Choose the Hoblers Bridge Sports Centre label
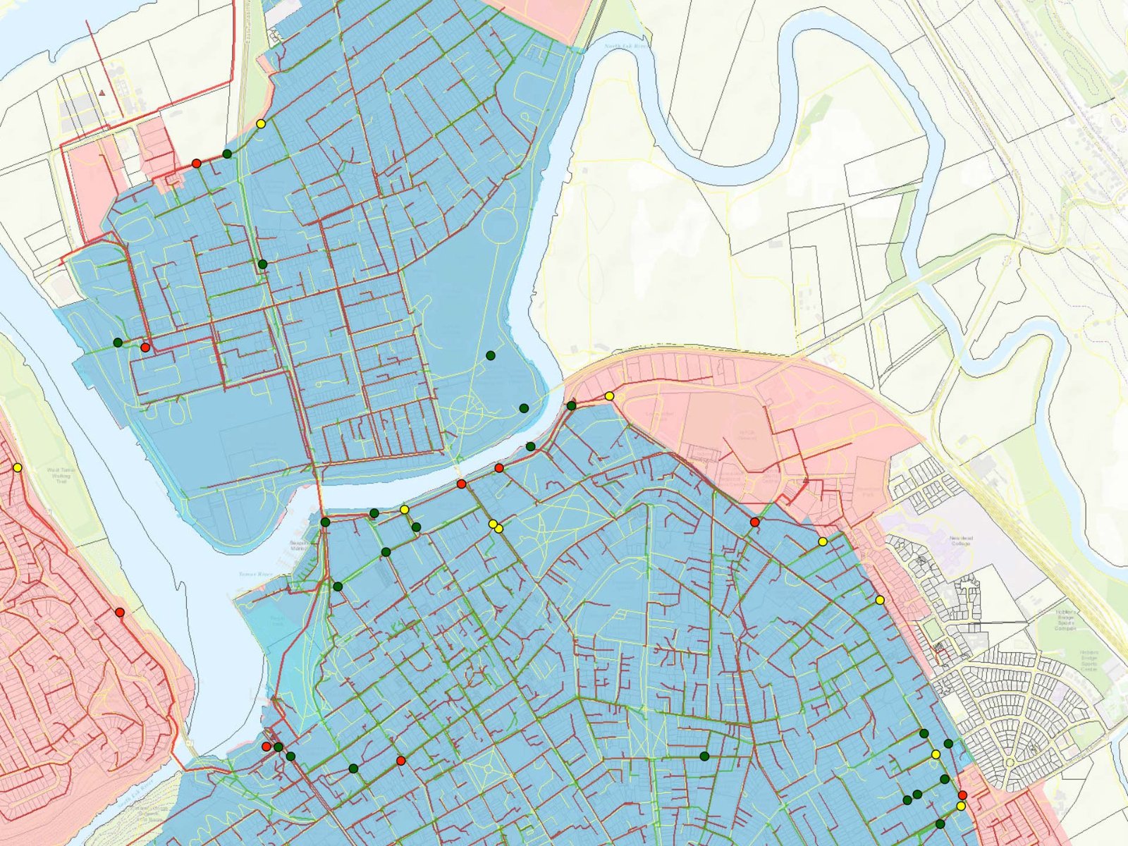[x=1089, y=660]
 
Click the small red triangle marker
[x=103, y=92]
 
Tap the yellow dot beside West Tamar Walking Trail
[x=17, y=467]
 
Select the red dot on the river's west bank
[x=120, y=612]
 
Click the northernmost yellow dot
[x=261, y=124]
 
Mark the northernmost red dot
[x=197, y=164]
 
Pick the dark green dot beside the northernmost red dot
[x=227, y=154]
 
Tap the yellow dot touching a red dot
[x=960, y=806]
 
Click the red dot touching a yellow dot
[x=962, y=795]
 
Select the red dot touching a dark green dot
[x=266, y=746]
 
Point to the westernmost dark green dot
[x=118, y=343]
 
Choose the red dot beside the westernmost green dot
[x=145, y=347]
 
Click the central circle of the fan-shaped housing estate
[x=1009, y=762]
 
